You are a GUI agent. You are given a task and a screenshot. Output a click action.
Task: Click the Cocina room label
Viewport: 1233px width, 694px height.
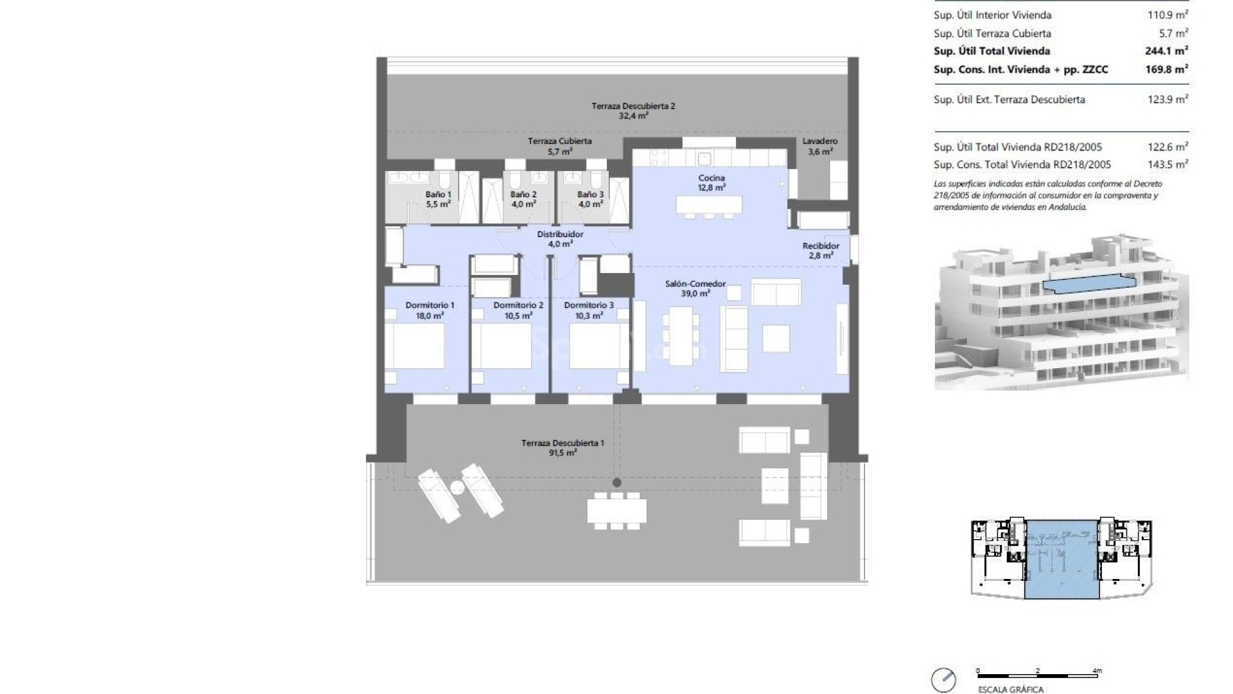(x=712, y=178)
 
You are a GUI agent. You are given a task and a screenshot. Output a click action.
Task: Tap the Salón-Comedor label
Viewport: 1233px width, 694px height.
(x=695, y=283)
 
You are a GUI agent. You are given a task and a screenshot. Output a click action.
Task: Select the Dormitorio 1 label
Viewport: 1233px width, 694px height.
(x=430, y=305)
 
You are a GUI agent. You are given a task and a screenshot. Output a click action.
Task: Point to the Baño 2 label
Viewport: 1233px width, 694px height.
(x=523, y=194)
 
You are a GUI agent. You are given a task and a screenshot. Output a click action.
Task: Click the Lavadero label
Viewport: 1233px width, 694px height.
(x=820, y=141)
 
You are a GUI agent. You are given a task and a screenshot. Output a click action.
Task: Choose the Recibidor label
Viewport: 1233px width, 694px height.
(x=821, y=246)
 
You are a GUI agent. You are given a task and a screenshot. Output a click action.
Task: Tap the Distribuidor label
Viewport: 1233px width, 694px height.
(x=560, y=235)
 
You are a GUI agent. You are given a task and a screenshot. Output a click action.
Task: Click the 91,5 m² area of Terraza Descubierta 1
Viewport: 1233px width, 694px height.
(x=562, y=453)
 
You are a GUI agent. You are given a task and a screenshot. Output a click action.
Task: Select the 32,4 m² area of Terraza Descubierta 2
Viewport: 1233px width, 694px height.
(x=633, y=116)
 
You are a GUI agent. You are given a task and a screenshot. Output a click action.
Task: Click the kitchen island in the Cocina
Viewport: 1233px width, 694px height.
(x=709, y=205)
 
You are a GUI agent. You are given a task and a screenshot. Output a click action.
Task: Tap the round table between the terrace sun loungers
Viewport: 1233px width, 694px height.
(x=457, y=488)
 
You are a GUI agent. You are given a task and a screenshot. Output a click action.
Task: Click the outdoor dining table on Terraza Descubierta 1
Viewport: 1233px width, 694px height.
(x=616, y=511)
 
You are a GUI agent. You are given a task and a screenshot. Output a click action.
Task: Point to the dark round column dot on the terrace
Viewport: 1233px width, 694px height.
(x=617, y=483)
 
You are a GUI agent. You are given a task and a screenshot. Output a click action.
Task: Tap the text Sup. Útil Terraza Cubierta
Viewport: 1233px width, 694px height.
(x=992, y=33)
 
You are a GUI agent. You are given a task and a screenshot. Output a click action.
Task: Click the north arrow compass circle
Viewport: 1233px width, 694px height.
(x=943, y=680)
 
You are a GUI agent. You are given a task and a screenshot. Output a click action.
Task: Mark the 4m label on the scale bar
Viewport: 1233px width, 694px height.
(x=1097, y=671)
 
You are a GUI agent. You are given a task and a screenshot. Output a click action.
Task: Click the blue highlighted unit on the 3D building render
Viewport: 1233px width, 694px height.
(x=1089, y=284)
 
